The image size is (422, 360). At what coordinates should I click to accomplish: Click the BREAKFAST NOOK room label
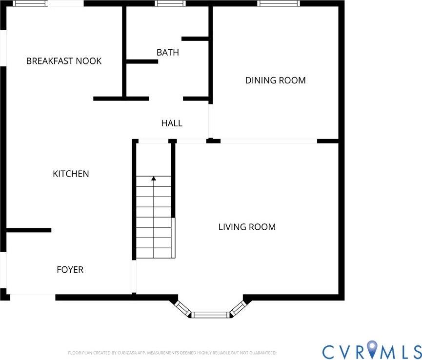pos(64,61)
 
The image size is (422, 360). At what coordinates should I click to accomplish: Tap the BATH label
pos(168,52)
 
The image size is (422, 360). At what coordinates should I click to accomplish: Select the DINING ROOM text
pos(275,80)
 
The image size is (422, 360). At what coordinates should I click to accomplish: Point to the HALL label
pos(172,123)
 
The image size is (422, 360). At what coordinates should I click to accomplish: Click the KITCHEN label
pos(71,174)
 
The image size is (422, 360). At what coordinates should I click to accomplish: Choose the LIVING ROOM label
pos(247,227)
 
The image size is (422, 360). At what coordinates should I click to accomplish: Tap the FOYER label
pos(70,270)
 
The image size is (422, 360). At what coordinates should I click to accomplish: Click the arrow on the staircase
pos(154,179)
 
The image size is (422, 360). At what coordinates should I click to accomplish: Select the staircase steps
pos(154,220)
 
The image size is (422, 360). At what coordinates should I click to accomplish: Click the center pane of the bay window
pos(210,315)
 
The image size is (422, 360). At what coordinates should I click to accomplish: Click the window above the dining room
pos(278,3)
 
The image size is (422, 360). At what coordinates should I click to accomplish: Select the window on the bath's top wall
pos(170,3)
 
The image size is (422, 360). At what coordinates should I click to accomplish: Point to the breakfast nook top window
pos(30,3)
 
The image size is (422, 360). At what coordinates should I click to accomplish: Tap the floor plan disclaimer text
pos(172,353)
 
